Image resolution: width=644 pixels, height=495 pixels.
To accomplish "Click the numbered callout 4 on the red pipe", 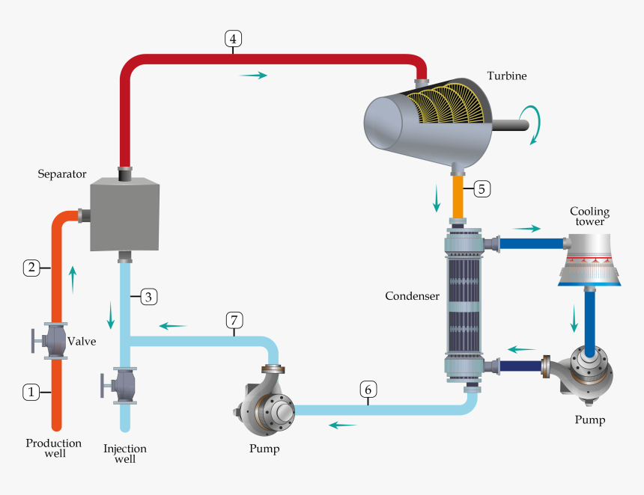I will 233,39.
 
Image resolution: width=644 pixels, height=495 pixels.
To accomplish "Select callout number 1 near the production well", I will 31,391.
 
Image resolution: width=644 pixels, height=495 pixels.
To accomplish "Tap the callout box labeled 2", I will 31,267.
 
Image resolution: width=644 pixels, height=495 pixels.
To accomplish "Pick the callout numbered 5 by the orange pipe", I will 482,188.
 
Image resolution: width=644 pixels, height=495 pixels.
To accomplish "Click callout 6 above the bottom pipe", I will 367,389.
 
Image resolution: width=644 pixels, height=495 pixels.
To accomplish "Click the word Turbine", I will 507,76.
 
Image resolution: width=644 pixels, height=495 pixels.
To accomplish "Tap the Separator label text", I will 63,174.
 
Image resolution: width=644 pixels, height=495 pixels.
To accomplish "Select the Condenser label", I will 412,296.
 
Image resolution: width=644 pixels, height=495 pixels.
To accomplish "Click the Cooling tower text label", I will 589,216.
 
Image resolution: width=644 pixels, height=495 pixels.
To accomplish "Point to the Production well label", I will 53,448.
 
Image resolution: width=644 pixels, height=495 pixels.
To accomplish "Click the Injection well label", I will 125,453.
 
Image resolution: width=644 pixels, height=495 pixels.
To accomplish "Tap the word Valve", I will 82,341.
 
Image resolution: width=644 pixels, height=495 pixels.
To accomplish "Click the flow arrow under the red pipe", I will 252,76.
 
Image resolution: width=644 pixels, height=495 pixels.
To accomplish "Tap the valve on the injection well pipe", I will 121,386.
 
